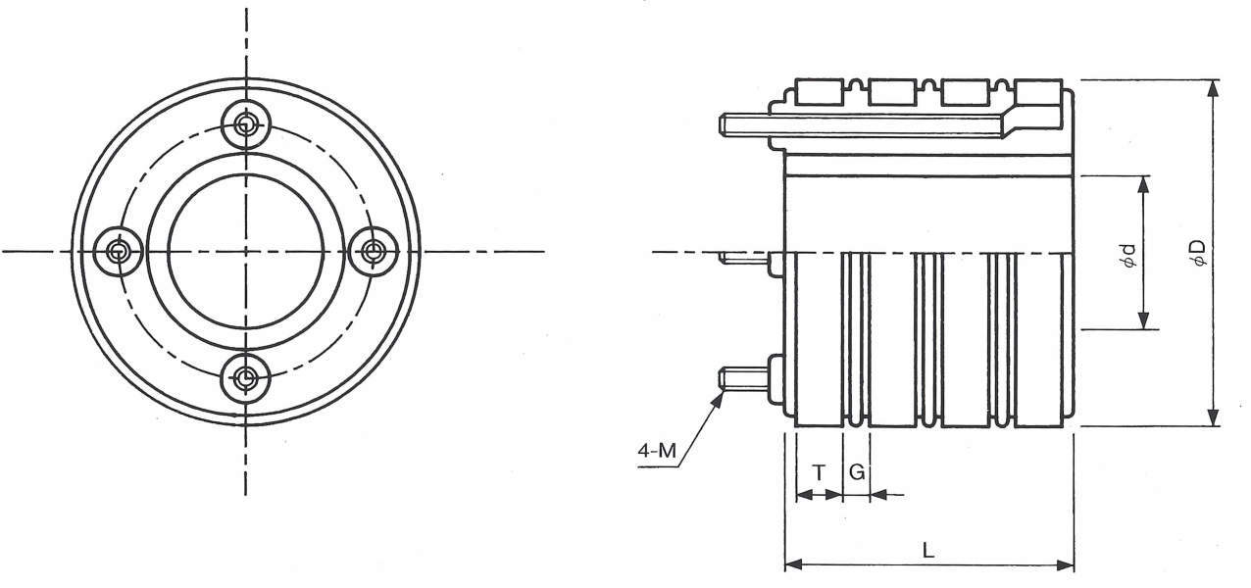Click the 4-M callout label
(657, 450)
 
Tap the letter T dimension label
(819, 473)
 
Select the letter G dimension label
(857, 472)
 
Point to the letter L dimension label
(928, 551)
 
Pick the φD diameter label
(1197, 254)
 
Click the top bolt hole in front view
(246, 124)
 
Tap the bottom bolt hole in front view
(246, 378)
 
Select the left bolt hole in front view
(119, 252)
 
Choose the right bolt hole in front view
(374, 251)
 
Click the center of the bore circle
(246, 252)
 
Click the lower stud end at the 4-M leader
(723, 379)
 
